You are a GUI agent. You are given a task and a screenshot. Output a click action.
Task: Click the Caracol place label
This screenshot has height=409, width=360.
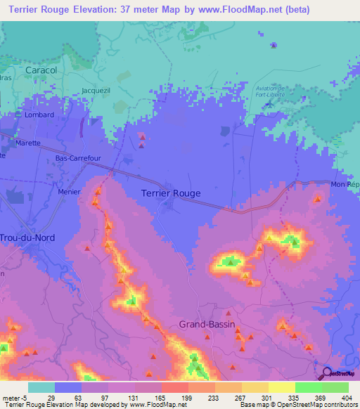pos(40,71)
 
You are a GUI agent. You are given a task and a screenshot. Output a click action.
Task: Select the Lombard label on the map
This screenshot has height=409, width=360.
pos(39,115)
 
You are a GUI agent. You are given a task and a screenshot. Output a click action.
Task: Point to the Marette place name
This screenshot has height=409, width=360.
pos(29,143)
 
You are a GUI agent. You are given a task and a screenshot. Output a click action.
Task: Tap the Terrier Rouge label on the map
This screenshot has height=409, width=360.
pos(171,193)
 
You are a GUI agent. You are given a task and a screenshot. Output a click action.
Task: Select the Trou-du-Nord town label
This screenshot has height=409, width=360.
pos(28,238)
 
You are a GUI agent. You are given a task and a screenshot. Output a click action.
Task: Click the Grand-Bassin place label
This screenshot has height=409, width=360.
pos(207,325)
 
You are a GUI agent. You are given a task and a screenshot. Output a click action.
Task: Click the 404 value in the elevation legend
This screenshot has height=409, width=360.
pos(335,397)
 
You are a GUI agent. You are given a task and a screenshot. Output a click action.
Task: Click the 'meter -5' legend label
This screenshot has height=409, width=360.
pos(14,397)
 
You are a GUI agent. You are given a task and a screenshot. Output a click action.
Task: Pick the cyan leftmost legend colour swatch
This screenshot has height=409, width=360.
pos(41,387)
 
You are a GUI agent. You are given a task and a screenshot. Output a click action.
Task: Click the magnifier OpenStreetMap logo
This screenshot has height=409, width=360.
pos(327,373)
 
